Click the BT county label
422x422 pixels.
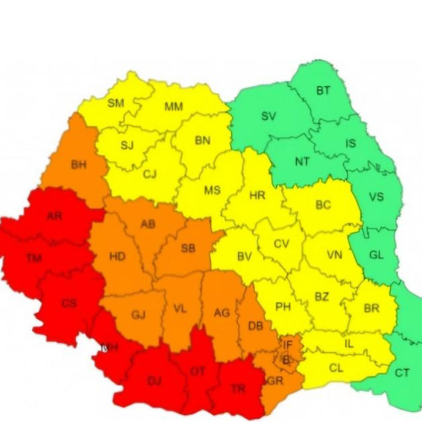pyautogui.click(x=323, y=90)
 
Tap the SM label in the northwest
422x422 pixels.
pyautogui.click(x=115, y=104)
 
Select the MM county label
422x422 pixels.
pyautogui.click(x=174, y=107)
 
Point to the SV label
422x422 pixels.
pyautogui.click(x=268, y=116)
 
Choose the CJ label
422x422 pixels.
pyautogui.click(x=149, y=175)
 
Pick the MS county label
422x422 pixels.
pyautogui.click(x=212, y=190)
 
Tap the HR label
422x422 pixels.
pyautogui.click(x=257, y=196)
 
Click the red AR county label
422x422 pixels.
pyautogui.click(x=54, y=216)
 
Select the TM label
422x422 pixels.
pyautogui.click(x=34, y=257)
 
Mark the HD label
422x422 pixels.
pyautogui.click(x=118, y=257)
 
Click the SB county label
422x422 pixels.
pyautogui.click(x=188, y=247)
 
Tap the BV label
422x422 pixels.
pyautogui.click(x=245, y=257)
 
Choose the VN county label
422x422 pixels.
pyautogui.click(x=334, y=255)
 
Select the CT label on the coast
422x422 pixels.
pyautogui.click(x=403, y=373)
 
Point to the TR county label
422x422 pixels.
pyautogui.click(x=238, y=389)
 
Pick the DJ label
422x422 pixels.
pyautogui.click(x=154, y=381)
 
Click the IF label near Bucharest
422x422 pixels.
pyautogui.click(x=287, y=344)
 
